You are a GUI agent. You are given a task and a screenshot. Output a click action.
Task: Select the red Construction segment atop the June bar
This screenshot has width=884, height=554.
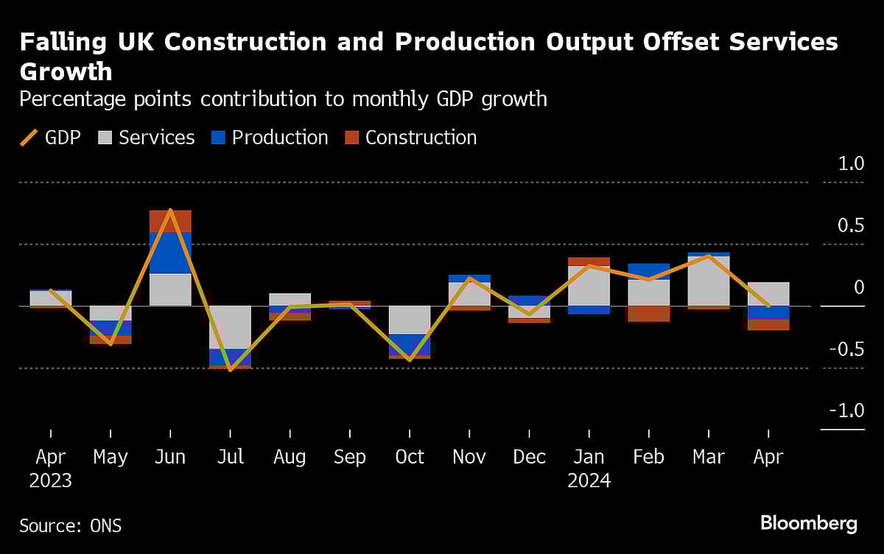[x=170, y=221]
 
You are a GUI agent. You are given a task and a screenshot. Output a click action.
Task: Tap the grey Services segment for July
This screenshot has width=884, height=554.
[x=231, y=327]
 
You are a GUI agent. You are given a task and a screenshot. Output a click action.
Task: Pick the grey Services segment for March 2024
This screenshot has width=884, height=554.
[x=709, y=281]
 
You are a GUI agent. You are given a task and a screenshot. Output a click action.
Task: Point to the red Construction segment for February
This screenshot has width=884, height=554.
[x=649, y=313]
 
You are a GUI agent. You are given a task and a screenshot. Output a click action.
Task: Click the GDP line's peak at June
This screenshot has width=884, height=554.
[x=171, y=210]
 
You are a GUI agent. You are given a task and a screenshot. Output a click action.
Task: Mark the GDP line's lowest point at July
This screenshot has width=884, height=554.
[x=231, y=370]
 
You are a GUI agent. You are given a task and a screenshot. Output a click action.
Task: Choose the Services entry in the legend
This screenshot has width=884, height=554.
[x=147, y=138]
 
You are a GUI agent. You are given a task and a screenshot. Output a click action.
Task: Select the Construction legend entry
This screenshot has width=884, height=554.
[x=410, y=138]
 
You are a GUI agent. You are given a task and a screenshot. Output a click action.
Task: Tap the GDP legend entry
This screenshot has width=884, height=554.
[x=51, y=138]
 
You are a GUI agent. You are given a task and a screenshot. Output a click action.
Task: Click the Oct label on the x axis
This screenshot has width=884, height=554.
[x=410, y=457]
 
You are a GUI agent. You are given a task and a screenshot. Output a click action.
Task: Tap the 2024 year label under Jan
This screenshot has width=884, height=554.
[x=589, y=480]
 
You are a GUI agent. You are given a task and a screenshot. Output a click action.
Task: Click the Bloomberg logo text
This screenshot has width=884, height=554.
[x=809, y=523]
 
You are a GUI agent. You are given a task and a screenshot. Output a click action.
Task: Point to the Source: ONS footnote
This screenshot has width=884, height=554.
[x=71, y=525]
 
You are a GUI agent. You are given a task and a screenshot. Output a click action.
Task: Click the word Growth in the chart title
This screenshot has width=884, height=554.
[x=66, y=71]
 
